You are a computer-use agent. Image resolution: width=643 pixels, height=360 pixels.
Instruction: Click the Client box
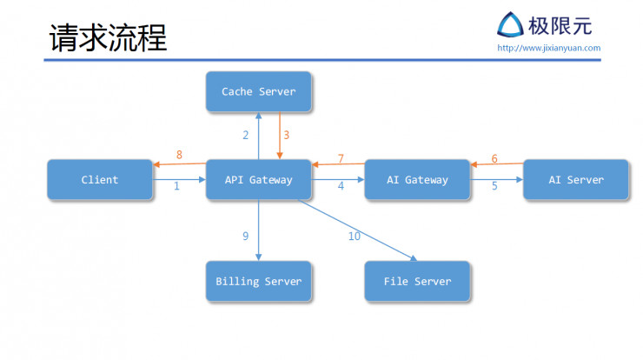pyautogui.click(x=100, y=180)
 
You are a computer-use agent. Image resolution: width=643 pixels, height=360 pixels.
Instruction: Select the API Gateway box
pyautogui.click(x=258, y=180)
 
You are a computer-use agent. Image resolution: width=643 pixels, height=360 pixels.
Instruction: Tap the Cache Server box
pyautogui.click(x=258, y=91)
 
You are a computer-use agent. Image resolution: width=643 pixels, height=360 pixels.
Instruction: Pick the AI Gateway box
pyautogui.click(x=417, y=180)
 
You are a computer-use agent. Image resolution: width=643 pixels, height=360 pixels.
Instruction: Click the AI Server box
pyautogui.click(x=575, y=180)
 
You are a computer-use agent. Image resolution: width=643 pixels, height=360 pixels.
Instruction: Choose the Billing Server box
pyautogui.click(x=258, y=282)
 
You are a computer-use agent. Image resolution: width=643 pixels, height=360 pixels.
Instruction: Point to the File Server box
pyautogui.click(x=417, y=282)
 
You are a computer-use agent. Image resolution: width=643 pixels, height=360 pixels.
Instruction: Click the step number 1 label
pyautogui.click(x=176, y=186)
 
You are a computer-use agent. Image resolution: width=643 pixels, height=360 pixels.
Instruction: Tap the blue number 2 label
pyautogui.click(x=246, y=135)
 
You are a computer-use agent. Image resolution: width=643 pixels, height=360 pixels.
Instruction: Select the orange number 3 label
pyautogui.click(x=286, y=135)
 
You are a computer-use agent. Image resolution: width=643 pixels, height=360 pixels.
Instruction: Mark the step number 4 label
pyautogui.click(x=341, y=186)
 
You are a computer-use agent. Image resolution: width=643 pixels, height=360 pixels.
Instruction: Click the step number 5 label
pyautogui.click(x=494, y=186)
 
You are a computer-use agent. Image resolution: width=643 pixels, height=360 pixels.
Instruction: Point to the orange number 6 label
pyautogui.click(x=494, y=158)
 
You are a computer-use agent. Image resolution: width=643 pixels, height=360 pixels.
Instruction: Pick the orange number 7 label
pyautogui.click(x=341, y=158)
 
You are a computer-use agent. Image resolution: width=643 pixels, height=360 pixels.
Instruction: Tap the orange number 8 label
pyautogui.click(x=179, y=155)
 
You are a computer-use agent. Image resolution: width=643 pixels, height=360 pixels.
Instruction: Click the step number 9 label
pyautogui.click(x=246, y=236)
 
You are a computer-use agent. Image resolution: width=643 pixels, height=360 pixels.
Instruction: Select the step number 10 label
pyautogui.click(x=354, y=236)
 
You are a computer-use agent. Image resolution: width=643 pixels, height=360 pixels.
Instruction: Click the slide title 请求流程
pyautogui.click(x=108, y=37)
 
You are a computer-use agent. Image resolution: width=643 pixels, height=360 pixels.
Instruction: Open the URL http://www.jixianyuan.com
pyautogui.click(x=548, y=48)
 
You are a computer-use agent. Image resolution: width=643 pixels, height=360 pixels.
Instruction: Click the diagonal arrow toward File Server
pyautogui.click(x=356, y=230)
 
